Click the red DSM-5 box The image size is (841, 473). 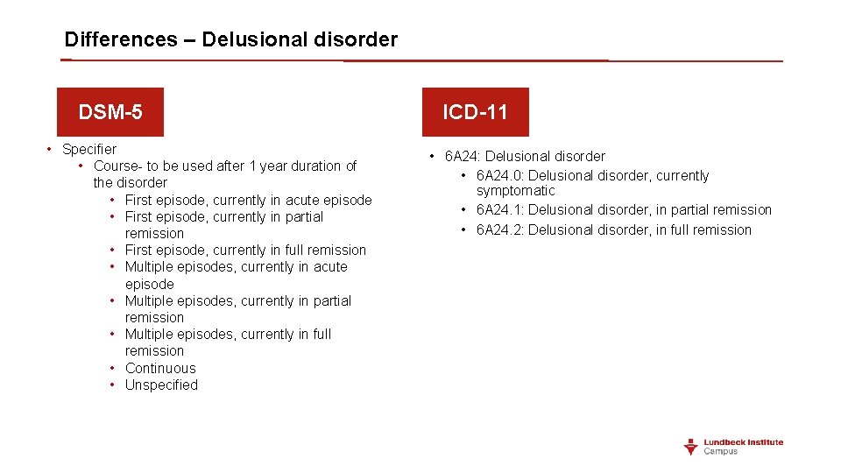(110, 112)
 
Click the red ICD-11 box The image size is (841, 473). (475, 112)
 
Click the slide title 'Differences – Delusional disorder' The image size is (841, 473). (231, 39)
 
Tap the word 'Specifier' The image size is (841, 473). (89, 149)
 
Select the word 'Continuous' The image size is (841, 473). (160, 368)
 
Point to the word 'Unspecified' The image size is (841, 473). (161, 385)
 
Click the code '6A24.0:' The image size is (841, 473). (500, 175)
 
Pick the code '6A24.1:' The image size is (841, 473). (500, 209)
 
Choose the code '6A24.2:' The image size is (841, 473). (500, 229)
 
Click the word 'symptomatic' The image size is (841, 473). (515, 191)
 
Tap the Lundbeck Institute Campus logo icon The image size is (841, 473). (691, 447)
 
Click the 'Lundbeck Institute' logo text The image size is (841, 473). (744, 442)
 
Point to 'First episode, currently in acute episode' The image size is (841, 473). (248, 200)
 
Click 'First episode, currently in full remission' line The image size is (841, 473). (245, 250)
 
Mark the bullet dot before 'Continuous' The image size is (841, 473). (114, 368)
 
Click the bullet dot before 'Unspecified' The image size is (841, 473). (114, 385)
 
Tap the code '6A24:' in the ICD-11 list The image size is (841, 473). (463, 156)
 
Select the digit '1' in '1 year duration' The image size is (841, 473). (253, 166)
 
